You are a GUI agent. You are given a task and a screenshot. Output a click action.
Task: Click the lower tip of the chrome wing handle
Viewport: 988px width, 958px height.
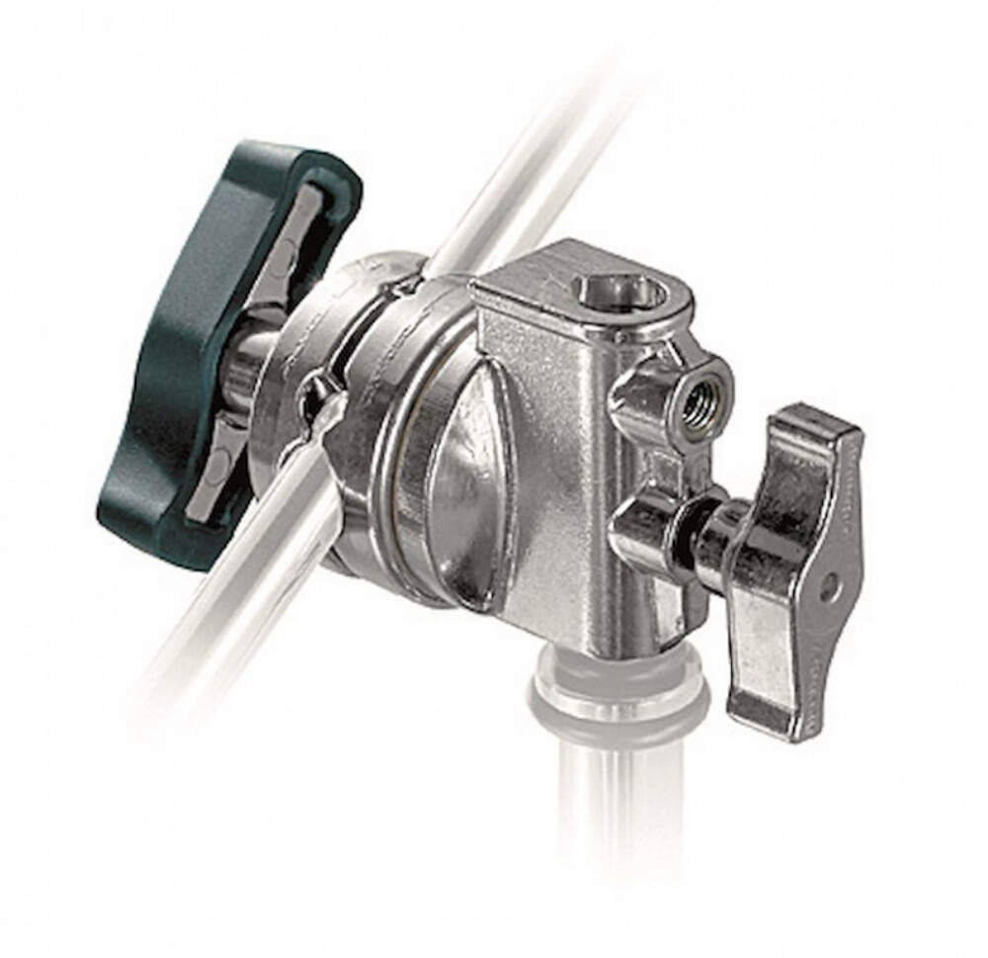[x=766, y=712]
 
